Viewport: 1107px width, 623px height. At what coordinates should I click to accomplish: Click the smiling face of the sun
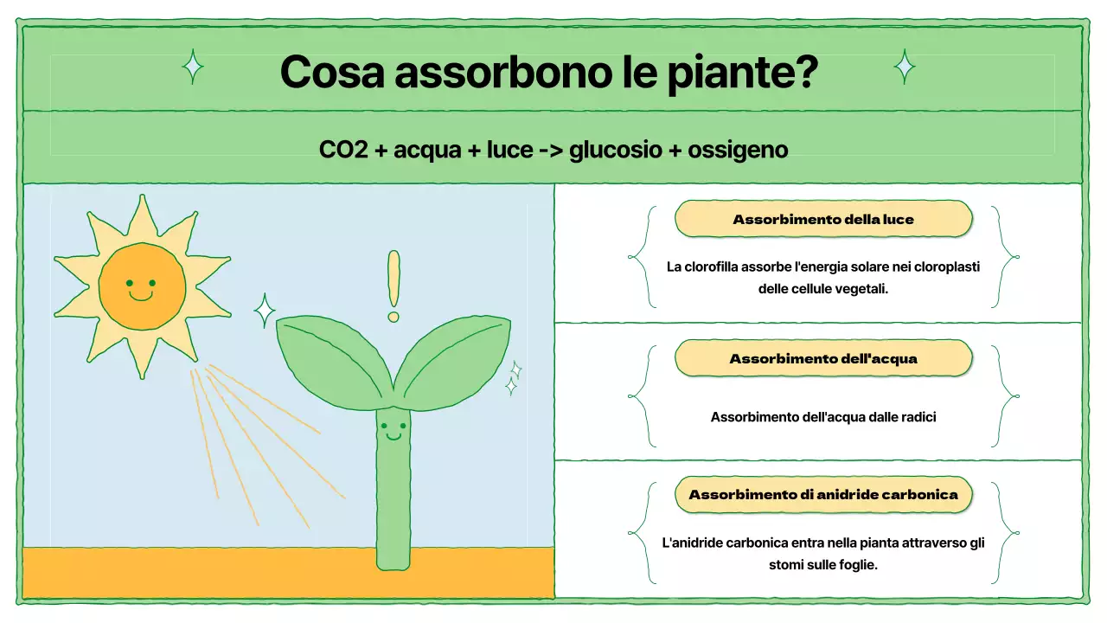142,286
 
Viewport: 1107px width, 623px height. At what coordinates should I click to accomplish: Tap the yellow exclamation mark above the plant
394,286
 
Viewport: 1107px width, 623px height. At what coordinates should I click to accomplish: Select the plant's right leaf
453,358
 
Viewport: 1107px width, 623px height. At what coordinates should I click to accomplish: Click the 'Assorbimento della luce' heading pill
822,220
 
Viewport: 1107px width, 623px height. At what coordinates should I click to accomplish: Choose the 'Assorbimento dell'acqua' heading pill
822,358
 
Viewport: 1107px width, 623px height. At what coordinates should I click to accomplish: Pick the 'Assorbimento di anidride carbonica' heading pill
822,495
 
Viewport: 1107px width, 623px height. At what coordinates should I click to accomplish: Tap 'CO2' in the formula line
343,150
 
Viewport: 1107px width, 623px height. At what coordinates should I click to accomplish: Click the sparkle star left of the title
193,67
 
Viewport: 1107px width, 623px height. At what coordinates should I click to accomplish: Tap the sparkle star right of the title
905,67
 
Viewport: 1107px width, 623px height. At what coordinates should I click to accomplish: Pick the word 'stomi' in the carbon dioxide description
786,565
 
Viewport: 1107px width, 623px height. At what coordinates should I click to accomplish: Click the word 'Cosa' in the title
333,73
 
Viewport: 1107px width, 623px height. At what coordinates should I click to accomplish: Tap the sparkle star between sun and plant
264,310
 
